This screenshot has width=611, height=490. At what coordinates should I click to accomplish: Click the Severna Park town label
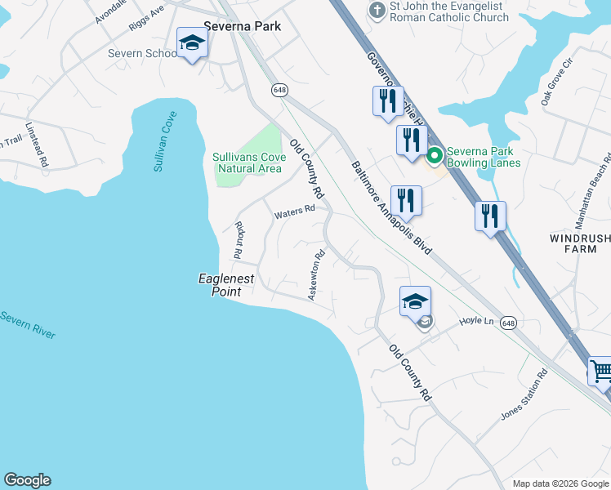pyautogui.click(x=242, y=26)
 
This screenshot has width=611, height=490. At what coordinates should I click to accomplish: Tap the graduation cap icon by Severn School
pyautogui.click(x=192, y=42)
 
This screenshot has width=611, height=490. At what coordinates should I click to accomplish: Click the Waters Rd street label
pyautogui.click(x=294, y=212)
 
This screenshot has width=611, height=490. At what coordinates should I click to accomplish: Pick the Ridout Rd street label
pyautogui.click(x=239, y=240)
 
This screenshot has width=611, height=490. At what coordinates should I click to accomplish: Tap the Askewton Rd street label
pyautogui.click(x=316, y=275)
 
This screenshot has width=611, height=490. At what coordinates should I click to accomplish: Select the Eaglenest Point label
pyautogui.click(x=227, y=285)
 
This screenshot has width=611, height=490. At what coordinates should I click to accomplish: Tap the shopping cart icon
pyautogui.click(x=601, y=372)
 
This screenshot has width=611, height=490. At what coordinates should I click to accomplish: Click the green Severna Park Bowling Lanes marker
pyautogui.click(x=435, y=154)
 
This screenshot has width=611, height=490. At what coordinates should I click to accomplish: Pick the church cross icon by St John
pyautogui.click(x=377, y=11)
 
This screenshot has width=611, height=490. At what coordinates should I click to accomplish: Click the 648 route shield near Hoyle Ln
pyautogui.click(x=509, y=323)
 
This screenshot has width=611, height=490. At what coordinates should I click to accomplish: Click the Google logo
pyautogui.click(x=27, y=480)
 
